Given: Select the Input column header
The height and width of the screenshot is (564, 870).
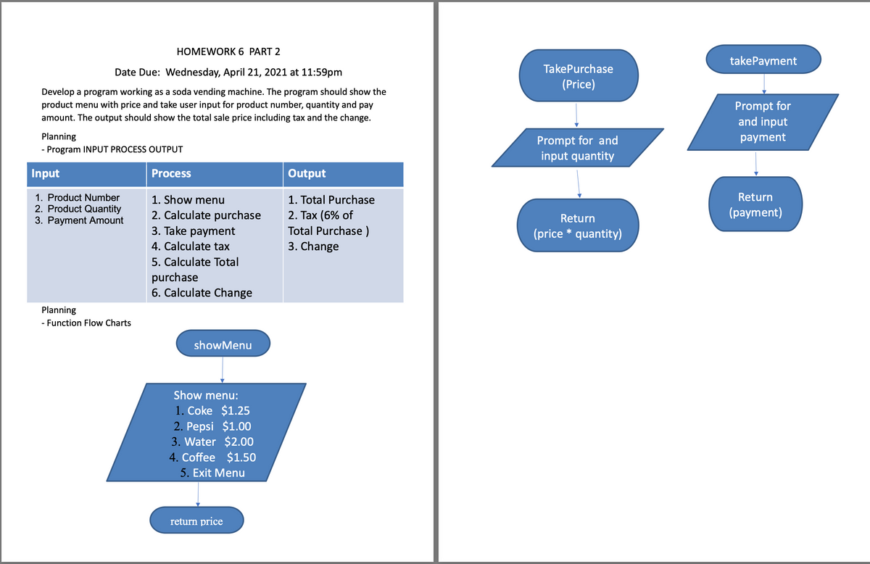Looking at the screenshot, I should (46, 173).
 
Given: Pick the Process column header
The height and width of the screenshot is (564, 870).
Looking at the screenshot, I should (172, 173).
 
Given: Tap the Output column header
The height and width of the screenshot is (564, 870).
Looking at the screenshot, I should (307, 173).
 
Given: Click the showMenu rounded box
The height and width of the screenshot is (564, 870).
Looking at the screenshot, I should (223, 345).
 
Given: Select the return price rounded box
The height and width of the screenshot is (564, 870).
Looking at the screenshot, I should (196, 521).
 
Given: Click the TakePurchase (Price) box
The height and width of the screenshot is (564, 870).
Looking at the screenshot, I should (578, 76).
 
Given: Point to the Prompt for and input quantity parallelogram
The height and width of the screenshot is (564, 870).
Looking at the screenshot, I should (577, 148).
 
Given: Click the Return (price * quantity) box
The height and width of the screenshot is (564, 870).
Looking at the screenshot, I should (578, 226).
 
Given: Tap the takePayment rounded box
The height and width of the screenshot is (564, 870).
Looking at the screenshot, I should (763, 61).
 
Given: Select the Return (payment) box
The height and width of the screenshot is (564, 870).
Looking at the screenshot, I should (755, 204).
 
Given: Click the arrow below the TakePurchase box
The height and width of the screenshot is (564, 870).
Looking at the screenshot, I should (576, 114).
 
